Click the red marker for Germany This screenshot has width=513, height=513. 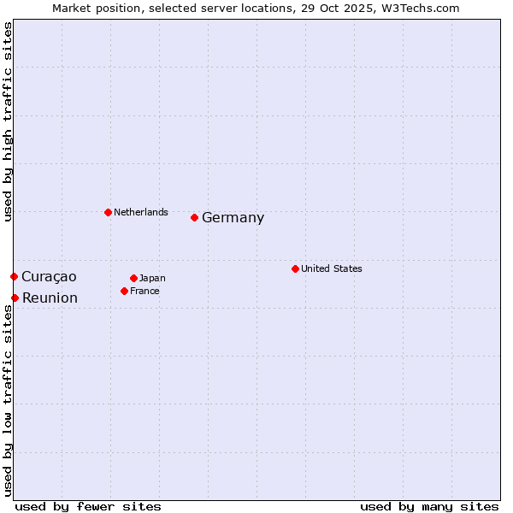(x=194, y=217)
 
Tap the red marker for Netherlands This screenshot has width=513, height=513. (x=108, y=212)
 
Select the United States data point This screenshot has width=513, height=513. (x=295, y=268)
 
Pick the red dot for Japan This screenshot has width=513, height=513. (x=133, y=278)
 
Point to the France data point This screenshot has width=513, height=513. (x=124, y=291)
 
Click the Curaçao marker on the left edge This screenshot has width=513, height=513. (x=14, y=276)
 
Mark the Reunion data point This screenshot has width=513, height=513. (x=15, y=298)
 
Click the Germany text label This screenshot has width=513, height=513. (x=233, y=218)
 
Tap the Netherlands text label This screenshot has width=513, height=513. (x=140, y=212)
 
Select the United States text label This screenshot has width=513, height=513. (x=331, y=268)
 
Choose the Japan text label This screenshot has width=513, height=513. (x=152, y=278)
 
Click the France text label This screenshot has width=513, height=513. (x=144, y=291)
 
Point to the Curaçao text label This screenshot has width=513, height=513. (x=49, y=276)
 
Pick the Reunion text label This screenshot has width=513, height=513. (x=50, y=298)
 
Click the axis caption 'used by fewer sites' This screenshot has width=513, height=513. (x=88, y=506)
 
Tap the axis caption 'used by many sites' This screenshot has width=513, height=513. (x=429, y=506)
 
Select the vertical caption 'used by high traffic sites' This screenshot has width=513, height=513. (x=8, y=121)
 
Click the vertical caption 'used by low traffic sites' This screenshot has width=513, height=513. (x=8, y=400)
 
